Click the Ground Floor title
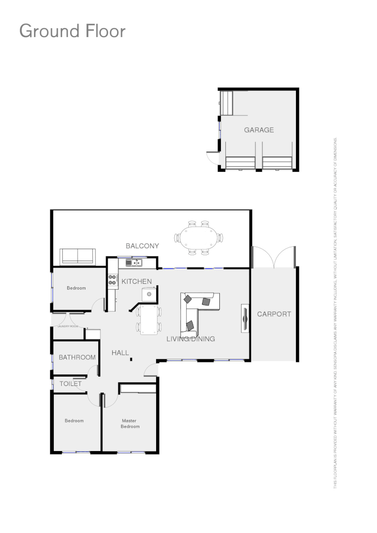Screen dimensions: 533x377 [72, 31]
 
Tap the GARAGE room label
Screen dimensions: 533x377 [258, 130]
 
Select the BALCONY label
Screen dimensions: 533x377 [142, 246]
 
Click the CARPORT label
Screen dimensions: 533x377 [274, 314]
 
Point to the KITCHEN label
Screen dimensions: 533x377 [136, 281]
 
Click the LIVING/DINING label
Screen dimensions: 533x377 [190, 339]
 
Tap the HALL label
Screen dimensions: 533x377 [120, 353]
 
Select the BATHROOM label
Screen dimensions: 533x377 [77, 357]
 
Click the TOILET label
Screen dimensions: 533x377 [70, 383]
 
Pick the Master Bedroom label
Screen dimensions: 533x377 [130, 423]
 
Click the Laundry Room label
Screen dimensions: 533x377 [68, 326]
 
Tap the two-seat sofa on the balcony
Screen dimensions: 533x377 [78, 256]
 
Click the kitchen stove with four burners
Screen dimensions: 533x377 [112, 281]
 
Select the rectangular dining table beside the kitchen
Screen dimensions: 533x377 [148, 320]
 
